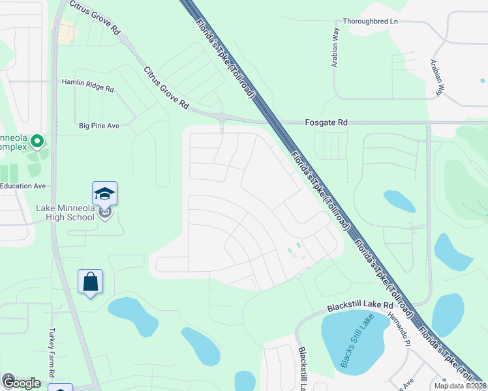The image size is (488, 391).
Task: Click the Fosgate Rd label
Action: (x=326, y=122)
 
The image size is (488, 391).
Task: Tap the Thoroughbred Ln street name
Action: (x=371, y=21)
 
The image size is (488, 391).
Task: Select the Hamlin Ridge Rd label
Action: (x=87, y=83)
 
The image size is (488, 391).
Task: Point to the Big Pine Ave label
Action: (x=99, y=125)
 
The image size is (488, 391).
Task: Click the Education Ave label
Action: (x=23, y=186)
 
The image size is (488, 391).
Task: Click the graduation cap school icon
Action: (x=104, y=194)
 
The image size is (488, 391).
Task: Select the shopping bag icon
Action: (x=91, y=282)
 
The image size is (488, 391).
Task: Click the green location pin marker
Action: (x=37, y=141)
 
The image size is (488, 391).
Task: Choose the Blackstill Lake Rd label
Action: (x=361, y=305)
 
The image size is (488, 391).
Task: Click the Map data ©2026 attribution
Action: (x=460, y=386)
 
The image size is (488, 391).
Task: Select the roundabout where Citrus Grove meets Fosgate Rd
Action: (x=222, y=117)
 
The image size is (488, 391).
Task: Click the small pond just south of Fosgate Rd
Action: (x=399, y=201)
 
